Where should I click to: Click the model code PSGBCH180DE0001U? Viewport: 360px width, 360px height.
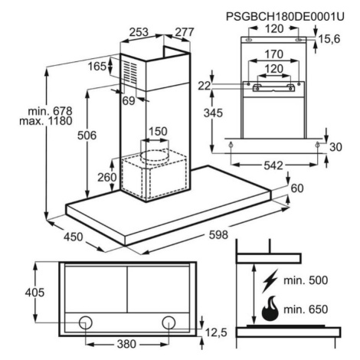[285, 17]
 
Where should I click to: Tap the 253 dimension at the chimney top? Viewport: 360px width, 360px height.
[139, 32]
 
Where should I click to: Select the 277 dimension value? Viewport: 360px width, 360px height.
[185, 32]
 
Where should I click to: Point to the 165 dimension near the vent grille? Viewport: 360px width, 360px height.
[97, 67]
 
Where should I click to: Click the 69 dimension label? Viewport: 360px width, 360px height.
[129, 101]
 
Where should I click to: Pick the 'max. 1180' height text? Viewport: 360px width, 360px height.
[46, 121]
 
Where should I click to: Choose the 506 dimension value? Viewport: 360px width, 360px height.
[87, 136]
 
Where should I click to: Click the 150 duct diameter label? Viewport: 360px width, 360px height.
[158, 132]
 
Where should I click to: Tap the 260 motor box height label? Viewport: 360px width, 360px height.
[107, 177]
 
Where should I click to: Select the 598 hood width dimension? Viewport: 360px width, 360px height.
[218, 234]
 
